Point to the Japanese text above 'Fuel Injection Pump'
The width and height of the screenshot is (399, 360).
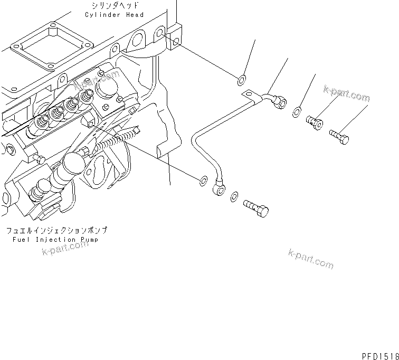pyautogui.click(x=56, y=231)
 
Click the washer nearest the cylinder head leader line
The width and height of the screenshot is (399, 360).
pyautogui.click(x=241, y=80)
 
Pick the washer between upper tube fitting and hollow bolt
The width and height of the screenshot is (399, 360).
pyautogui.click(x=297, y=111)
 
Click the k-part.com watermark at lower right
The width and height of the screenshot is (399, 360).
pyautogui.click(x=311, y=258)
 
